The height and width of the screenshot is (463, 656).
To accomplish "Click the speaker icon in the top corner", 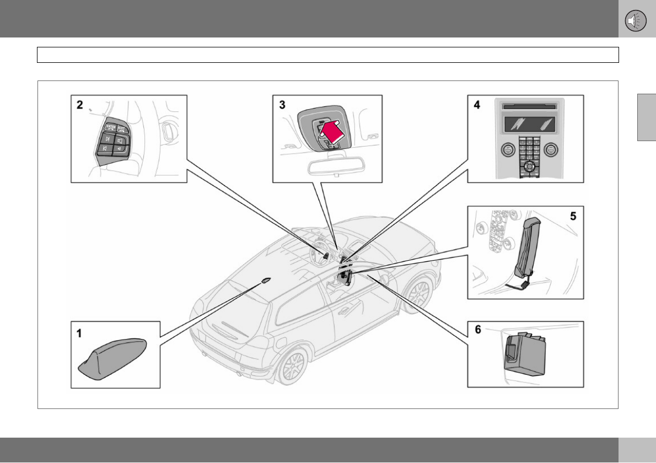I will (636, 20).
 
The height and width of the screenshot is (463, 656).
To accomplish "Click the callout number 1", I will (79, 332).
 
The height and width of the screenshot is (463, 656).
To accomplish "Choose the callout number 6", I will (478, 330).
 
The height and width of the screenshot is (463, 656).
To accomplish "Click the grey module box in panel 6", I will (524, 352).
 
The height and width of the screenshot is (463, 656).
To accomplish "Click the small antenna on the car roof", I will (266, 280).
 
